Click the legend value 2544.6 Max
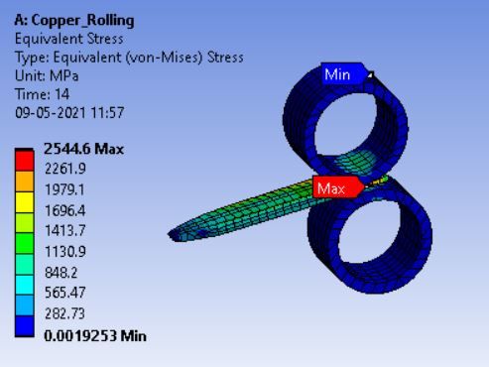point(83,149)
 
